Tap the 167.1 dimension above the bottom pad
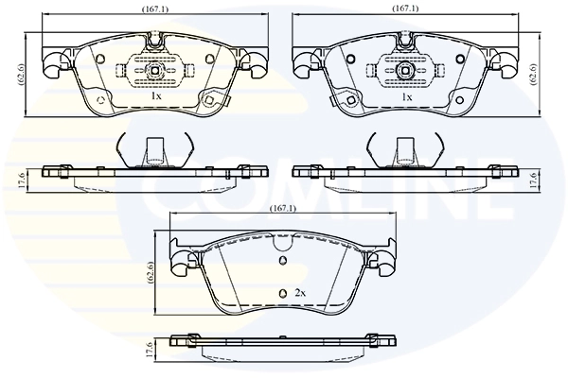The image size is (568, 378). click(x=283, y=209)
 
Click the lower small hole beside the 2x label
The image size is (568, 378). click(x=281, y=293)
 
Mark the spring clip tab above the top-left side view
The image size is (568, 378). click(x=153, y=149)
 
